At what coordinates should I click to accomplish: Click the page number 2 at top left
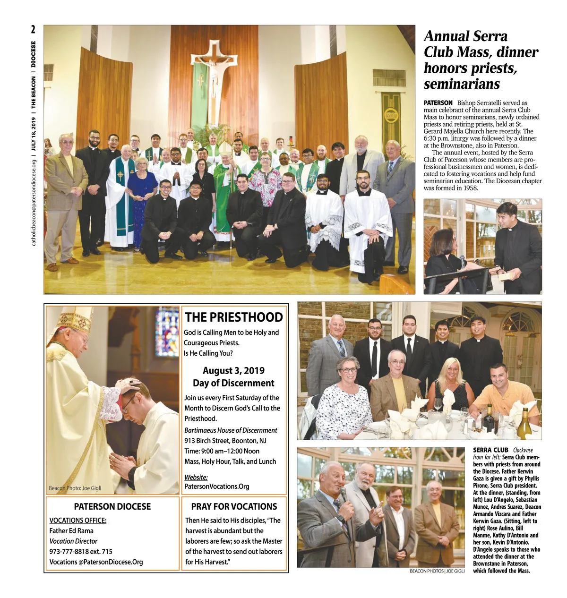pyautogui.click(x=33, y=29)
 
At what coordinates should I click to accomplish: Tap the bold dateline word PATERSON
pyautogui.click(x=438, y=103)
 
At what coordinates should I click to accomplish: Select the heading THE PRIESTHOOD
pyautogui.click(x=234, y=317)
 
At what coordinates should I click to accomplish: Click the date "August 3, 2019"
pyautogui.click(x=233, y=371)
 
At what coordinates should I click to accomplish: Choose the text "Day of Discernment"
pyautogui.click(x=233, y=383)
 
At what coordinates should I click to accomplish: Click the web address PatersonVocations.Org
pyautogui.click(x=217, y=487)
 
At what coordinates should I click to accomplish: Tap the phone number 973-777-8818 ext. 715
pyautogui.click(x=81, y=552)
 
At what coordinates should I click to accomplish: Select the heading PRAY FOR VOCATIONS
pyautogui.click(x=234, y=507)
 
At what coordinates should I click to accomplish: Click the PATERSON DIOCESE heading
pyautogui.click(x=112, y=507)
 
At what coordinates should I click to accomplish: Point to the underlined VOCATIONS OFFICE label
pyautogui.click(x=78, y=521)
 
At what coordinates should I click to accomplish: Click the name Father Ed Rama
pyautogui.click(x=71, y=531)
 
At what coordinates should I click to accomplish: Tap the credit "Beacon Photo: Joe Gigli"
pyautogui.click(x=75, y=488)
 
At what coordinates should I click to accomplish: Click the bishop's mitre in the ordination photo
pyautogui.click(x=76, y=319)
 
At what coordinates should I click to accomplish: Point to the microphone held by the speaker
pyautogui.click(x=344, y=494)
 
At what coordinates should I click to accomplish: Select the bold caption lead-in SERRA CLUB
pyautogui.click(x=490, y=450)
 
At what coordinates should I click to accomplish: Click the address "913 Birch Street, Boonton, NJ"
pyautogui.click(x=225, y=441)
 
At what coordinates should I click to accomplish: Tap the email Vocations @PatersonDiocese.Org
pyautogui.click(x=96, y=562)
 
